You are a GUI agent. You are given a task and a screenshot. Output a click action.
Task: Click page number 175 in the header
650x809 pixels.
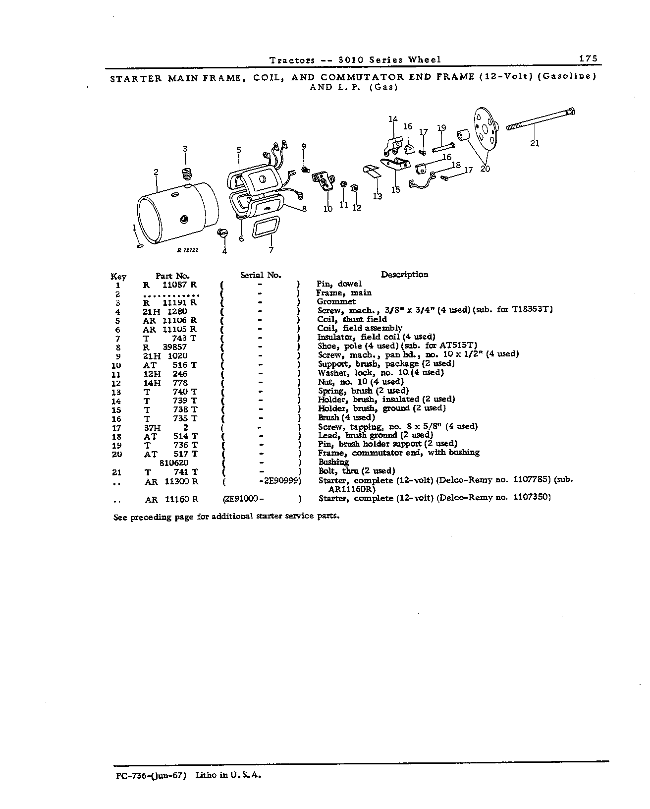point(588,58)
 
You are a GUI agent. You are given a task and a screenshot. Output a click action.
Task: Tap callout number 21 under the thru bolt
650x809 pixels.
point(535,143)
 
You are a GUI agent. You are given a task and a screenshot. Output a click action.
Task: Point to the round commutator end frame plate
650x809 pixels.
point(486,129)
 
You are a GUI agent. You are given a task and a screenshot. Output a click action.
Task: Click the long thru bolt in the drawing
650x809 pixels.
point(541,119)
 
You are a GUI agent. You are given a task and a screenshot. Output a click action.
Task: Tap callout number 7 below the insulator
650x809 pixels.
point(271,250)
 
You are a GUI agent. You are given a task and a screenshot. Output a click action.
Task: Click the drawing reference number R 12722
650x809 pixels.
point(187,250)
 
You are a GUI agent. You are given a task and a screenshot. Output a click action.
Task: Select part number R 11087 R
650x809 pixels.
point(170,285)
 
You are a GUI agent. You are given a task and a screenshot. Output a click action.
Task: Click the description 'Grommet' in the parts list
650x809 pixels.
point(336,301)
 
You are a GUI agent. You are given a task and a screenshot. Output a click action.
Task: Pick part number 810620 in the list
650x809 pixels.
point(174,463)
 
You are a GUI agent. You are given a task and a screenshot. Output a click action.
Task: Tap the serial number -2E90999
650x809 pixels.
point(280,481)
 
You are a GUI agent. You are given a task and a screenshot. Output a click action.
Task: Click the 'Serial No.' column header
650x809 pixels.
point(261,275)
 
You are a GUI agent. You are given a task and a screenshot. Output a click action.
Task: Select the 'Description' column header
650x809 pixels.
point(404,275)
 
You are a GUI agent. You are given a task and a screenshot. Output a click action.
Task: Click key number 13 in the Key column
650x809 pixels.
point(116,393)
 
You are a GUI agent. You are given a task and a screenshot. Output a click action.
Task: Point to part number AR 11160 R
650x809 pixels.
point(172,499)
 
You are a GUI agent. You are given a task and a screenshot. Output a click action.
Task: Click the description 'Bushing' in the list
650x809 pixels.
point(333,462)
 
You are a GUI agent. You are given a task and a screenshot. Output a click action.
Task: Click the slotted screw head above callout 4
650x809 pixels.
point(222,233)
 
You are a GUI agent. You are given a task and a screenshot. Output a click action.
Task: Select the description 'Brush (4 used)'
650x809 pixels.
point(346,417)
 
